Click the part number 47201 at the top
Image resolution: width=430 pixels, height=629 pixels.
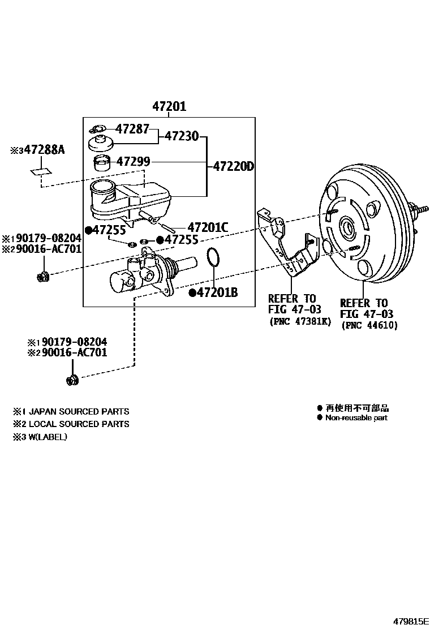coord(169,106)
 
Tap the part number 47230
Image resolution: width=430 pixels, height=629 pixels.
coord(182,136)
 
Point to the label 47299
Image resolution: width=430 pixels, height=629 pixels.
coord(134,162)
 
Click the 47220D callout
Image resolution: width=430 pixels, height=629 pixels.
coord(234,167)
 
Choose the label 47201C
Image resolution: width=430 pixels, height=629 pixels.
coord(208,227)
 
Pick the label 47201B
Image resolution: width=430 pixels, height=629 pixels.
coord(217,292)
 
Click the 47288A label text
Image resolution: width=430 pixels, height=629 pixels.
coord(45,150)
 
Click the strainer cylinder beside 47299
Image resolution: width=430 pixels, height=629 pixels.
coord(102,163)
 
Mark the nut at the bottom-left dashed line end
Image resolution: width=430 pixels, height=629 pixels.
coord(72,379)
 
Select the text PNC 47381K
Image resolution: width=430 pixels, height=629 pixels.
coord(300,322)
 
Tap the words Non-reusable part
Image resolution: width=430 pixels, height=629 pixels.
coord(356,418)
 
